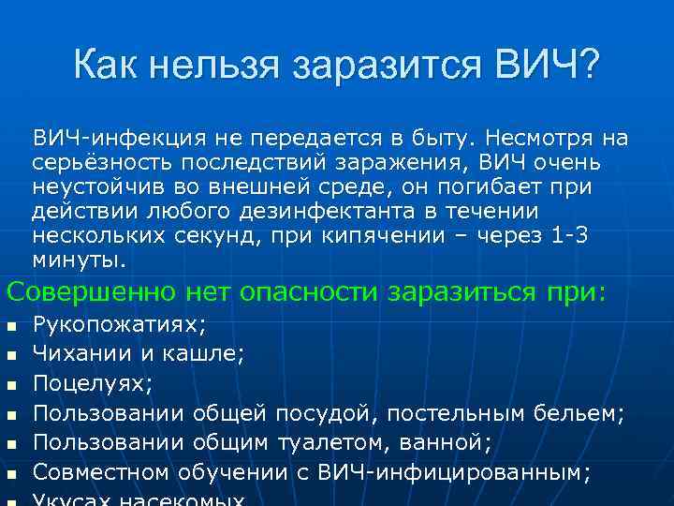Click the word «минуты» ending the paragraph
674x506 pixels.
[x=79, y=260]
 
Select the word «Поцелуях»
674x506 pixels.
[x=93, y=384]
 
